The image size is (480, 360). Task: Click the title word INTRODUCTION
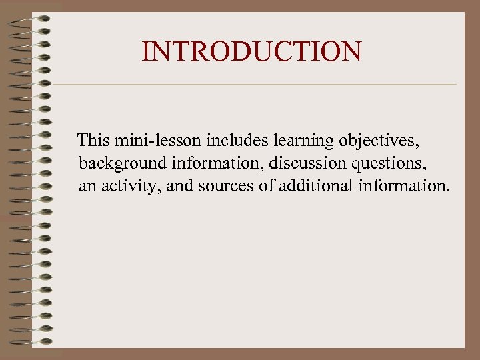click(252, 51)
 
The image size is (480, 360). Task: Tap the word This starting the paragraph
click(94, 141)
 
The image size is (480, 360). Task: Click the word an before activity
click(87, 186)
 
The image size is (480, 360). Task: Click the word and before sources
click(178, 185)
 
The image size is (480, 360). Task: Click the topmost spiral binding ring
click(30, 18)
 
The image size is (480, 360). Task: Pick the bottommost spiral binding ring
click(30, 341)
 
